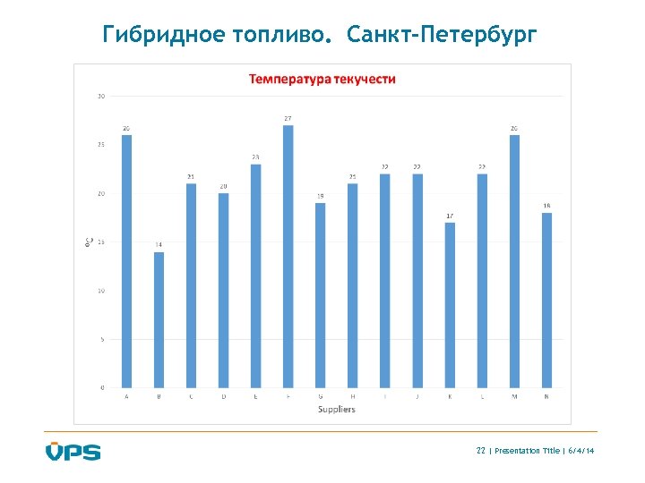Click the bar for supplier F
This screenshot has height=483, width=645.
click(288, 257)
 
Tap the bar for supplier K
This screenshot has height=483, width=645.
click(450, 305)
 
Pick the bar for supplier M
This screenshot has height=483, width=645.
click(514, 261)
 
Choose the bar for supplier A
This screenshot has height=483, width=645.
click(126, 261)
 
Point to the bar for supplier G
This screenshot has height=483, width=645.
click(320, 295)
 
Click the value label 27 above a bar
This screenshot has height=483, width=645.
click(288, 118)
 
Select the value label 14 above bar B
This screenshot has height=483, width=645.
click(159, 244)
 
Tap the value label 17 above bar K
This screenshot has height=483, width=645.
click(450, 216)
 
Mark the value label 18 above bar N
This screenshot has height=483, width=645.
click(546, 206)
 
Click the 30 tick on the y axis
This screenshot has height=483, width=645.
click(101, 96)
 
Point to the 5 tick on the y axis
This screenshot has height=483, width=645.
click(103, 339)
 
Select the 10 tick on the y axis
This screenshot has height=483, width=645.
click(101, 291)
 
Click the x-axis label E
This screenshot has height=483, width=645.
click(255, 396)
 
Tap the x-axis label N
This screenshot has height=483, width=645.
click(546, 396)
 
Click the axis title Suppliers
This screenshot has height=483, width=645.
click(336, 409)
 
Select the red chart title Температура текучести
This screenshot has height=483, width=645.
click(322, 79)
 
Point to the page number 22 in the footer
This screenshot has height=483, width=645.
click(481, 451)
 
